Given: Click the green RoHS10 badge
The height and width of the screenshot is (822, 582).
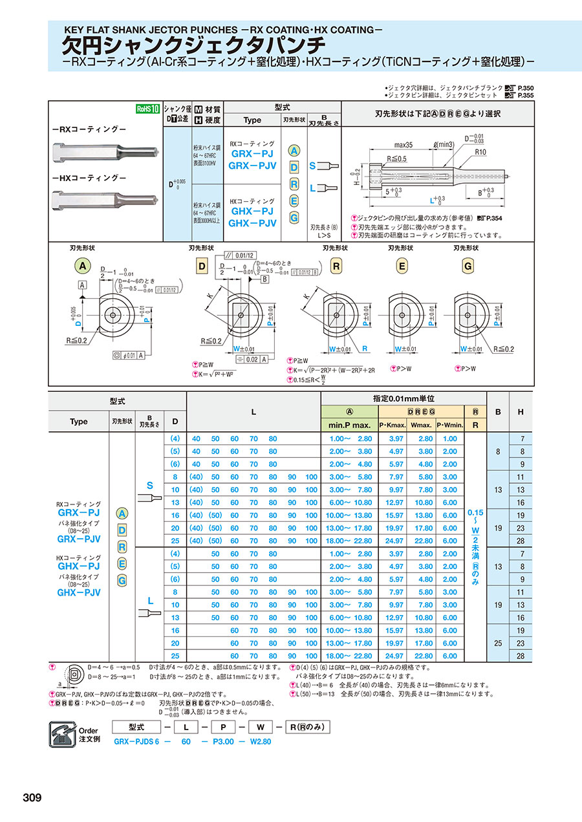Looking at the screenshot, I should (x=147, y=109).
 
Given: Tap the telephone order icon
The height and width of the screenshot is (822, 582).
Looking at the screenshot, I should (x=65, y=732).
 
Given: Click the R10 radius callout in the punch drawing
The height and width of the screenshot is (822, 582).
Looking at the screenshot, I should (x=480, y=151).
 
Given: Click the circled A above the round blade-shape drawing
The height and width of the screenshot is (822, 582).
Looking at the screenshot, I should (x=82, y=266).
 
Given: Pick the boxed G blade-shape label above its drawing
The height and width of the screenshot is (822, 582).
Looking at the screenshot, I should (x=468, y=266).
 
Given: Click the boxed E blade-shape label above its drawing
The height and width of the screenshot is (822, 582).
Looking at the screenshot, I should (x=402, y=266).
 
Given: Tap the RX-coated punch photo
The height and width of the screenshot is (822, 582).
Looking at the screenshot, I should (x=104, y=153).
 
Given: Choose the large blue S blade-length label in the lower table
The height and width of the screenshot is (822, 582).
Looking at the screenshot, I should (x=150, y=485).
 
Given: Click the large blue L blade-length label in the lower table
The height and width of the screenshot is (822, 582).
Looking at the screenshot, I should (x=150, y=601).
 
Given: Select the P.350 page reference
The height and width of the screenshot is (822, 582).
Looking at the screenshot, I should (x=526, y=87).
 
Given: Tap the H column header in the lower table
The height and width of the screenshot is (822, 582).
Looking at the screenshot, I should (x=521, y=412).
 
